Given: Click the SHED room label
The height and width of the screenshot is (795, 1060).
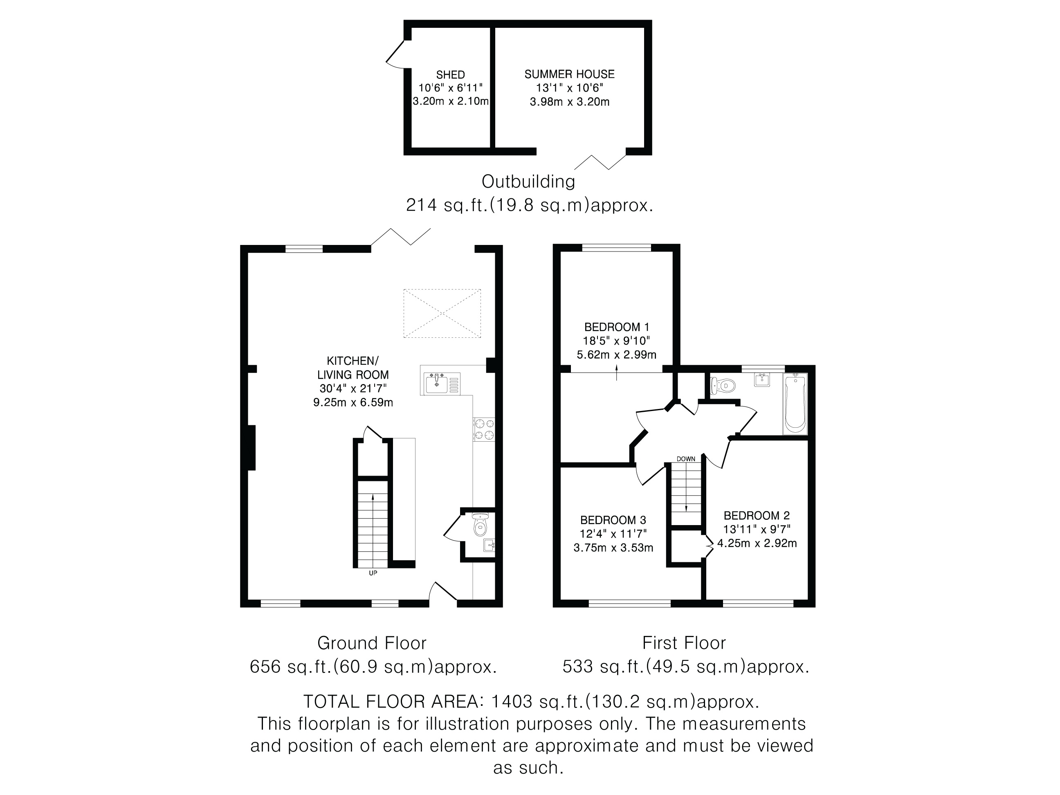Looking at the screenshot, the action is [x=450, y=75].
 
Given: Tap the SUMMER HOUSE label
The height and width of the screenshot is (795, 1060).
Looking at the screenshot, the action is [x=569, y=74].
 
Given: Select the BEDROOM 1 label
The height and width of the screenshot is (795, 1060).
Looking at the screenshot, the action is [x=617, y=327].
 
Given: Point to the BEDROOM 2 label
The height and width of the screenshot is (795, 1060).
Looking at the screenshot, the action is [x=757, y=516].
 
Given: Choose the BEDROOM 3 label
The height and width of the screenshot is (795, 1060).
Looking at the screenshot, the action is [x=613, y=520].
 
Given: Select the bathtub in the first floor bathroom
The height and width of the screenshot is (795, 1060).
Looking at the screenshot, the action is [x=795, y=404].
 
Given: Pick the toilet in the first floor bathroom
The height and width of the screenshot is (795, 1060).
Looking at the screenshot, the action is [x=723, y=385].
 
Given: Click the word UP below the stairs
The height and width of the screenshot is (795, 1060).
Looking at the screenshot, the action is [x=373, y=573].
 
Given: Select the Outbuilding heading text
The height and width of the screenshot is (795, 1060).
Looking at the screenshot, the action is [x=528, y=182].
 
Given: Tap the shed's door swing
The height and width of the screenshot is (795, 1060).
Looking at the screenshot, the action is [x=396, y=54].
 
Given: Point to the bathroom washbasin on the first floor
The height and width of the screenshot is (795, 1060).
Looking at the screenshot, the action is [x=762, y=380].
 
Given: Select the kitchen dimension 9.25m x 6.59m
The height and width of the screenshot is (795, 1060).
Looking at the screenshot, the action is [x=353, y=402].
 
